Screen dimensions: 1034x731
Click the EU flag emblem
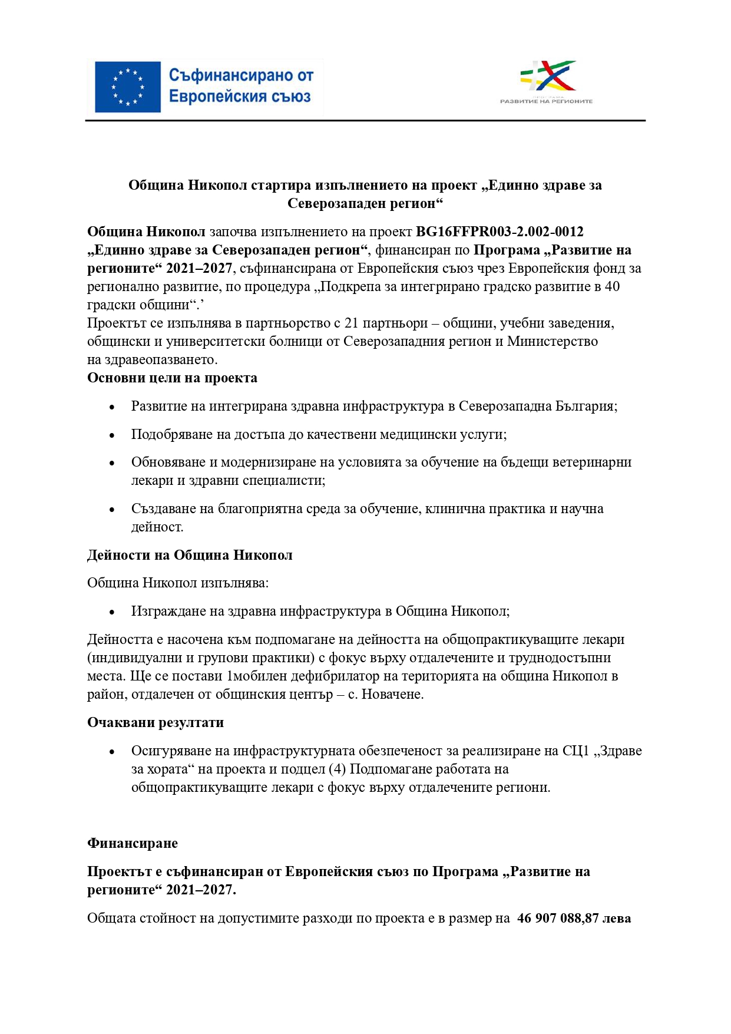[128, 87]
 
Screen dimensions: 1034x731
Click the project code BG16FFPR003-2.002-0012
[500, 232]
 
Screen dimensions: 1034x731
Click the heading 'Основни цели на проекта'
[172, 378]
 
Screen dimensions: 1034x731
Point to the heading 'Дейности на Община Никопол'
[190, 555]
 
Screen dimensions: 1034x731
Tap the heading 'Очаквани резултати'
[156, 722]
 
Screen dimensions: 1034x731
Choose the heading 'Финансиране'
[133, 843]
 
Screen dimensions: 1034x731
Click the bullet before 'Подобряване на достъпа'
[112, 435]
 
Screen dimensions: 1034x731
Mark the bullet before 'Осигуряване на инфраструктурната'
[112, 752]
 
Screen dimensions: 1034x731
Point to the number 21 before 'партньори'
[351, 323]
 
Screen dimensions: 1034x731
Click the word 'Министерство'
[552, 341]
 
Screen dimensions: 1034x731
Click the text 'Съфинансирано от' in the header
[241, 75]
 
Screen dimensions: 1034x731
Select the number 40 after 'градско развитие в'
[612, 286]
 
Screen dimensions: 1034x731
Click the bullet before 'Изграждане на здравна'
[112, 612]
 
